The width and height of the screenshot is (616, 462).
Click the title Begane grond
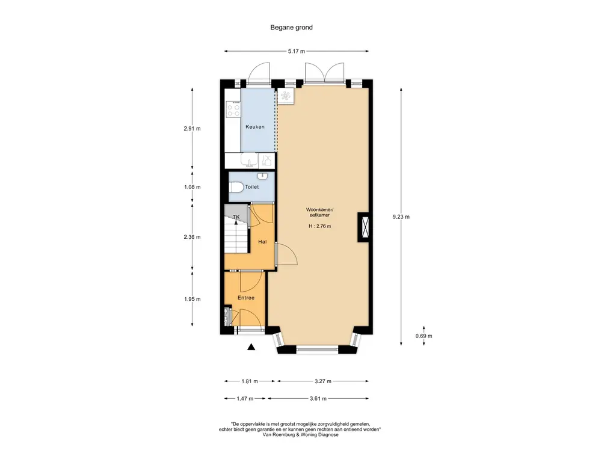click(x=292, y=28)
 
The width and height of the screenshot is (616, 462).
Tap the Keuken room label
click(x=255, y=127)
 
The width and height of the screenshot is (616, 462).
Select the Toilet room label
click(x=252, y=187)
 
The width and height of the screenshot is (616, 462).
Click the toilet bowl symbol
click(x=236, y=188)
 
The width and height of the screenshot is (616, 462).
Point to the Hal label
click(x=262, y=242)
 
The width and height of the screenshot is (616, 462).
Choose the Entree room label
click(x=246, y=298)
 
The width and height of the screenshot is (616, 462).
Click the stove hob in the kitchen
click(x=234, y=109)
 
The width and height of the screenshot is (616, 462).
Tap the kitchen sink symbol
click(x=249, y=161)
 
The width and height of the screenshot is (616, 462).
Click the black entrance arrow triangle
click(x=251, y=347)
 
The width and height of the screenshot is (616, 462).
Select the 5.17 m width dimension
click(x=297, y=51)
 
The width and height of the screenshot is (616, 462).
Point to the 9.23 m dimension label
click(x=401, y=217)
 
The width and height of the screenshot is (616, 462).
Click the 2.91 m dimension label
click(x=192, y=129)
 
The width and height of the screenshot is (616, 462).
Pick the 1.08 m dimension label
click(x=192, y=187)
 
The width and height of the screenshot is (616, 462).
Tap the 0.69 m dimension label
click(x=424, y=336)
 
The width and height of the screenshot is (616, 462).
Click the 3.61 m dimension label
click(x=318, y=398)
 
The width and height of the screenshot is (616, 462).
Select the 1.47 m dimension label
click(x=245, y=398)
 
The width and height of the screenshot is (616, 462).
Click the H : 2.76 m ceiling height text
click(x=320, y=226)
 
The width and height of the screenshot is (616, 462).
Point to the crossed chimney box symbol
click(x=363, y=227)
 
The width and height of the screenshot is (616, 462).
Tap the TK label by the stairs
click(x=236, y=217)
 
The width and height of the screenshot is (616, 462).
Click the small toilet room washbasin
click(x=262, y=176)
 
